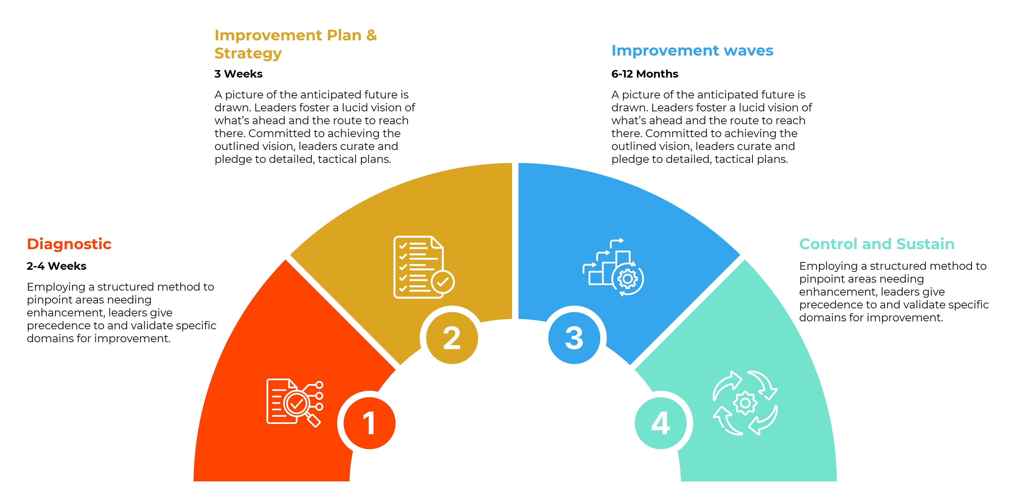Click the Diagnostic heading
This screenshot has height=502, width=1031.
click(69, 244)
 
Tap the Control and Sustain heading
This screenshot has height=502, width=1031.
click(877, 244)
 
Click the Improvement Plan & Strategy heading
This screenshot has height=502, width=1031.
click(295, 44)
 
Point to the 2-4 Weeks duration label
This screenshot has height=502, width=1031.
click(56, 266)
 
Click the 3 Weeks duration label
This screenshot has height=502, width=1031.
click(239, 74)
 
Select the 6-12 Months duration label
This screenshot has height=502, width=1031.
click(645, 74)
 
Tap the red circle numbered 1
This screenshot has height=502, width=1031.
click(370, 423)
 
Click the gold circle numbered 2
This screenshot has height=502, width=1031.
click(452, 338)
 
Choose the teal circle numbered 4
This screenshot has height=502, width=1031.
click(661, 423)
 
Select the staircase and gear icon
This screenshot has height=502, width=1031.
click(613, 267)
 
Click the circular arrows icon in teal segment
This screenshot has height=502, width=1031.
click(745, 403)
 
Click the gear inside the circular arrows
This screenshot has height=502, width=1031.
click(745, 403)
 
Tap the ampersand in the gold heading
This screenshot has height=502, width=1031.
click(371, 35)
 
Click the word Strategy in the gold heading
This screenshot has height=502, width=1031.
click(248, 53)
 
